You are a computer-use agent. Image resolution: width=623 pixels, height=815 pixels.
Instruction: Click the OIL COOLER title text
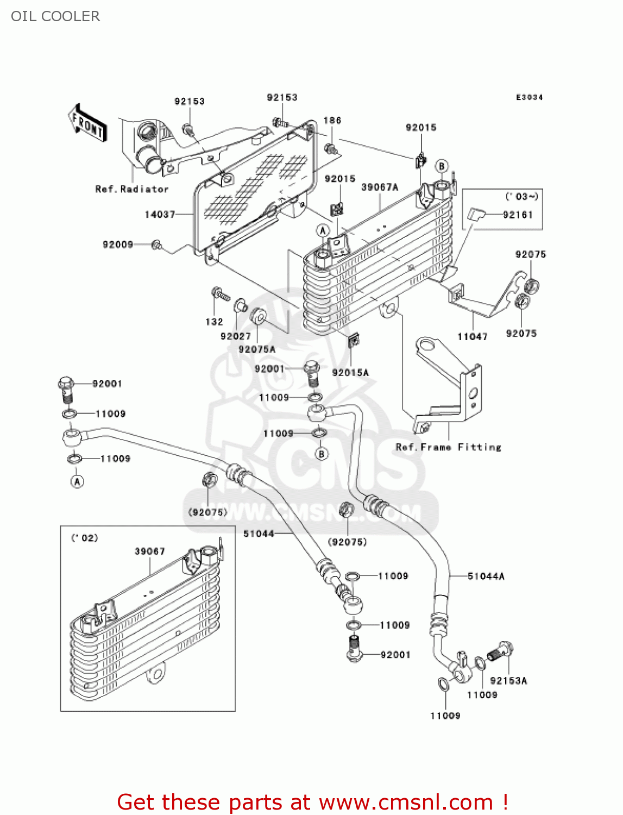[55, 16]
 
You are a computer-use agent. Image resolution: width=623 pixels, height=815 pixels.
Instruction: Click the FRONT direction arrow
[87, 123]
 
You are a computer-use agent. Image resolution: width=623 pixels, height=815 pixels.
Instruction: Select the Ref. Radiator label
[132, 189]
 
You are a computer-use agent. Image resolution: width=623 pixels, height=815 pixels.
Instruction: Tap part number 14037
[160, 215]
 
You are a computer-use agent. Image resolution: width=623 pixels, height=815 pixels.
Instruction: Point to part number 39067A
[380, 187]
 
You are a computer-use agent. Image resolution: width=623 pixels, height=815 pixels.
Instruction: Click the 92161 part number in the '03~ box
[518, 215]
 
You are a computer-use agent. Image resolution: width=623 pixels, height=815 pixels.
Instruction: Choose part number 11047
[472, 337]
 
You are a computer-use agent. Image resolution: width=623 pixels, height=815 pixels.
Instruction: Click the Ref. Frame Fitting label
[448, 447]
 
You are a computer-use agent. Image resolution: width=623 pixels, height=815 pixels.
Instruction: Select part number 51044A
[486, 576]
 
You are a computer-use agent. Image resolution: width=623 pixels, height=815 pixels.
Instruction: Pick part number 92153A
[508, 681]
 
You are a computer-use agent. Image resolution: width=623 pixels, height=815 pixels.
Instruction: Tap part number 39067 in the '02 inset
[149, 551]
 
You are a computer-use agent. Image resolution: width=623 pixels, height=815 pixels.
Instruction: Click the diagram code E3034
[529, 97]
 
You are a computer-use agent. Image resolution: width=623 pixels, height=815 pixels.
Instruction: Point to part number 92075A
[257, 349]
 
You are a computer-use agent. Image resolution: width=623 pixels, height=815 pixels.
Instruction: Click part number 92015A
[350, 373]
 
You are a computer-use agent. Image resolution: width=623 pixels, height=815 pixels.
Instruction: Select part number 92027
[236, 336]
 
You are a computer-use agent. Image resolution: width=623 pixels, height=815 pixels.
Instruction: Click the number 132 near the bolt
[214, 322]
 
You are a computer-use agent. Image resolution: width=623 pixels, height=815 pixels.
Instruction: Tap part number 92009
[118, 245]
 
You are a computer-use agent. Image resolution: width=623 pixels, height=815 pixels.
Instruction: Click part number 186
[332, 121]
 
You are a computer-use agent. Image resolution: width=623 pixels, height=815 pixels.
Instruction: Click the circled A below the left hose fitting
[77, 481]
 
